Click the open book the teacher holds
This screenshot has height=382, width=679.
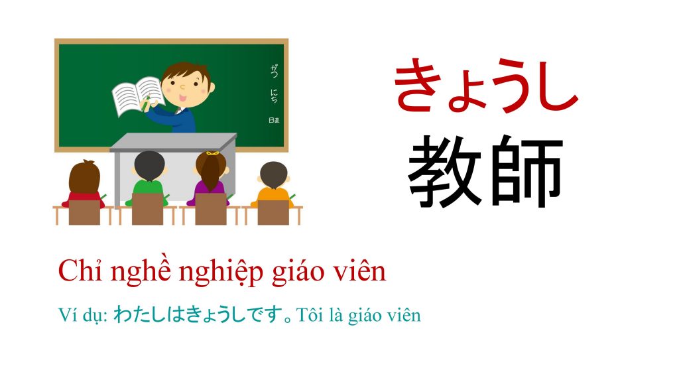(138, 96)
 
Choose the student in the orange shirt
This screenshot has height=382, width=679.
(273, 184)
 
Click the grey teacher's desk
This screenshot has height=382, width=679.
(173, 166)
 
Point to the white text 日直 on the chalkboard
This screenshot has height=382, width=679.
(274, 121)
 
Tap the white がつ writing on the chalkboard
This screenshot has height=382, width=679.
(274, 70)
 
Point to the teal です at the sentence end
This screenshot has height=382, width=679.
(266, 314)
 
